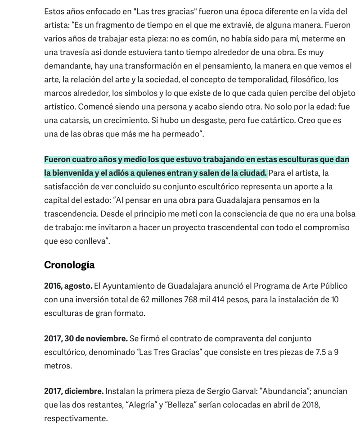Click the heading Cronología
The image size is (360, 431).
click(69, 265)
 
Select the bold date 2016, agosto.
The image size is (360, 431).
click(68, 286)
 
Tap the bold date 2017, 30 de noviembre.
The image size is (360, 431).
click(85, 339)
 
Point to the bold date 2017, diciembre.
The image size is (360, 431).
click(74, 391)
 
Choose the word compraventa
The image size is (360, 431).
click(241, 339)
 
